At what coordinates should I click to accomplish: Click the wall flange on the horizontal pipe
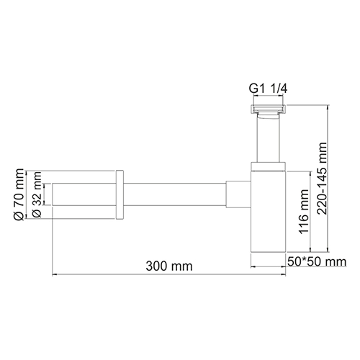click(x=120, y=194)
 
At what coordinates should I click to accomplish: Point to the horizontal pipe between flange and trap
click(x=173, y=194)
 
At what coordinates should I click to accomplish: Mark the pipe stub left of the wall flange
click(x=83, y=194)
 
